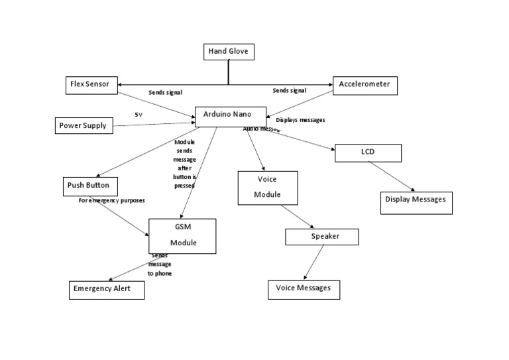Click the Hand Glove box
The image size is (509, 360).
pyautogui.click(x=229, y=52)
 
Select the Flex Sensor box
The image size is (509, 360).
pyautogui.click(x=92, y=84)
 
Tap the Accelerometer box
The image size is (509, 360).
pyautogui.click(x=365, y=86)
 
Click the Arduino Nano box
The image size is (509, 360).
pyautogui.click(x=231, y=115)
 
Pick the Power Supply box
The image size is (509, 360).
pyautogui.click(x=84, y=125)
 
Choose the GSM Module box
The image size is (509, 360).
pyautogui.click(x=182, y=235)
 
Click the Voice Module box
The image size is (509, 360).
pyautogui.click(x=268, y=188)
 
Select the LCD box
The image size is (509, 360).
pyautogui.click(x=368, y=152)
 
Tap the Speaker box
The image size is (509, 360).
pyautogui.click(x=321, y=237)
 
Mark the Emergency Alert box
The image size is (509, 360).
pyautogui.click(x=106, y=289)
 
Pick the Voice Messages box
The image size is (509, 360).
pyautogui.click(x=304, y=289)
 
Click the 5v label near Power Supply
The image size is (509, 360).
pyautogui.click(x=139, y=115)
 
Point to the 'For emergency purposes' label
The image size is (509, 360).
pyautogui.click(x=111, y=200)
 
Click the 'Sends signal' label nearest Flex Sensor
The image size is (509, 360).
pyautogui.click(x=165, y=92)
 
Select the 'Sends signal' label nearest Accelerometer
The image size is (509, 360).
pyautogui.click(x=290, y=90)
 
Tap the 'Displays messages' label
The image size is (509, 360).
pyautogui.click(x=300, y=120)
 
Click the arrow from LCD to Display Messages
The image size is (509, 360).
pyautogui.click(x=392, y=177)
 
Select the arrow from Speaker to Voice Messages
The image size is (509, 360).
pyautogui.click(x=313, y=262)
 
